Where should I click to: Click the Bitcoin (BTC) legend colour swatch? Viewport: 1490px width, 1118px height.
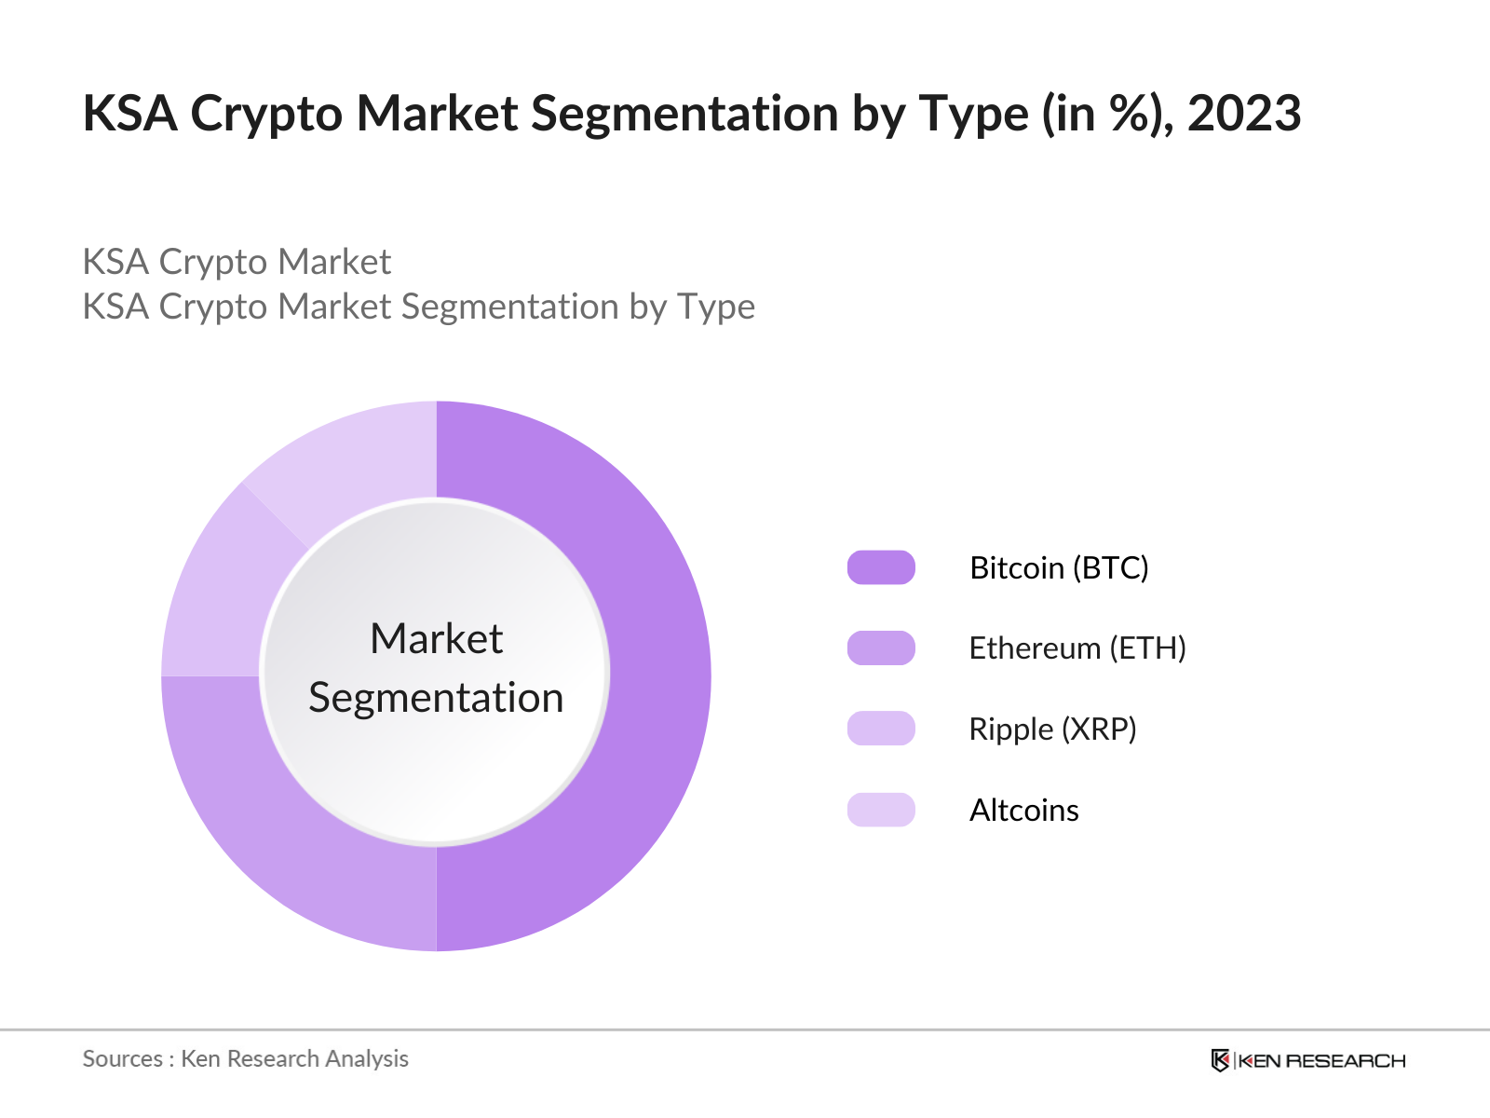[x=881, y=567]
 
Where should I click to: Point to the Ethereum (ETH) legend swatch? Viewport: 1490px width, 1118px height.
[x=881, y=648]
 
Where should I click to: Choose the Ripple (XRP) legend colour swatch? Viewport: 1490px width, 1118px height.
[x=881, y=729]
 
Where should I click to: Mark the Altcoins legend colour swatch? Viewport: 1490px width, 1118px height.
[x=881, y=810]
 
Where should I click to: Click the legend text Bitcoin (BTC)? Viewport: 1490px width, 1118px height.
[x=1059, y=567]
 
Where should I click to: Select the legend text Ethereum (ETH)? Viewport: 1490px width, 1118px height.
[x=1077, y=648]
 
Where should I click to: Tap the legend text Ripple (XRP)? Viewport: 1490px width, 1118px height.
[x=1052, y=729]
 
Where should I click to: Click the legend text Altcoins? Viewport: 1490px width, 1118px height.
[x=1023, y=811]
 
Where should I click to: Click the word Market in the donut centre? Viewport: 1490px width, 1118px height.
[x=436, y=639]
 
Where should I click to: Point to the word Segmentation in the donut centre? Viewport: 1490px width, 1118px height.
[x=436, y=698]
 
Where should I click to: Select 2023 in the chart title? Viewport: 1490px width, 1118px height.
[x=1244, y=114]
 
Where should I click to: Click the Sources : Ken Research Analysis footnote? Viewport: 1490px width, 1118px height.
[x=246, y=1058]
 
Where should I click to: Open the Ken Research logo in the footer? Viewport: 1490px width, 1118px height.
[x=1307, y=1060]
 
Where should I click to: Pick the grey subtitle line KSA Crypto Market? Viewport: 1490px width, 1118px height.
[x=237, y=262]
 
